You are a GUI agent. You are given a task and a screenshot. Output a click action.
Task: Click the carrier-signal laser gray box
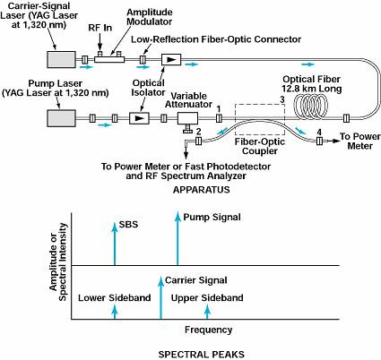[x=61, y=59]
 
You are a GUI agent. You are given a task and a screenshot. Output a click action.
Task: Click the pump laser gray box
[x=61, y=118]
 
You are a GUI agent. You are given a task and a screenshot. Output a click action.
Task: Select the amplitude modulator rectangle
[x=109, y=59]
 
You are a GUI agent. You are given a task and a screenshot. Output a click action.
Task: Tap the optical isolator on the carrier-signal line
[x=171, y=59]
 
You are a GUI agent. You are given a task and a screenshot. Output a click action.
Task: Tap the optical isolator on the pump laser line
[x=139, y=118]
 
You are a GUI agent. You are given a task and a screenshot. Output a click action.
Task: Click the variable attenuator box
[x=187, y=118]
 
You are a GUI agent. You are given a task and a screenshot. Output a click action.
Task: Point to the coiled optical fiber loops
[x=311, y=106]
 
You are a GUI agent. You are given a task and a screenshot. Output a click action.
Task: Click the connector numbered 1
[x=219, y=118]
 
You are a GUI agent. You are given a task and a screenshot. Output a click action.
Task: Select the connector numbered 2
[x=198, y=141]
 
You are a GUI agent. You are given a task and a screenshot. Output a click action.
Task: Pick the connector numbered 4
[x=319, y=141]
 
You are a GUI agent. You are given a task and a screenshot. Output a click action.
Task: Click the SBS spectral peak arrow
[x=115, y=244]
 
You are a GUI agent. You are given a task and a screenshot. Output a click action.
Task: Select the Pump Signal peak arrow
[x=178, y=238]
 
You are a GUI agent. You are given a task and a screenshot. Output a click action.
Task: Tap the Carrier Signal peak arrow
[x=161, y=297]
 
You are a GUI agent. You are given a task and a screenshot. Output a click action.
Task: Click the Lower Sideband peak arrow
[x=115, y=312]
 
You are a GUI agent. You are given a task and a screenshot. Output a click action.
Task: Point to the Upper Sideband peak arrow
[x=208, y=312]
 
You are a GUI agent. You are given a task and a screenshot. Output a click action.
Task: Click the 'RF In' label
[x=100, y=28]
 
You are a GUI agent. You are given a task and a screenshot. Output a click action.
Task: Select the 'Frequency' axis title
[x=208, y=330]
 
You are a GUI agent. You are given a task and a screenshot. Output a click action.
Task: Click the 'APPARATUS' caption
[x=202, y=190]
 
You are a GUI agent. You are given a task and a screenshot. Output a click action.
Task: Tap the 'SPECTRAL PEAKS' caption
[x=202, y=355]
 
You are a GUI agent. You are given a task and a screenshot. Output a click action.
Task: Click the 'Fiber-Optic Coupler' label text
[x=260, y=146]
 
